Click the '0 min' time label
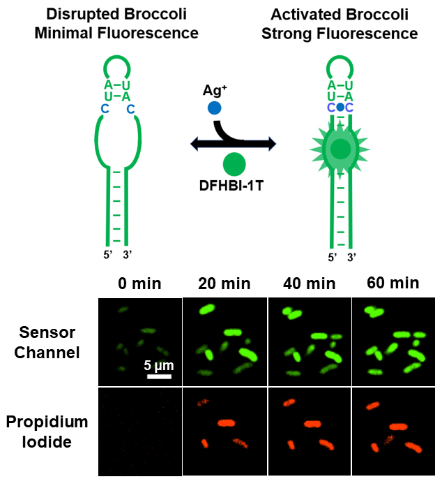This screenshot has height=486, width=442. click(139, 283)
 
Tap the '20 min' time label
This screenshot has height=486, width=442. click(224, 283)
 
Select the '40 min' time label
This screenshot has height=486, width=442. click(310, 283)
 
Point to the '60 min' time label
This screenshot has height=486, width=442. click(394, 283)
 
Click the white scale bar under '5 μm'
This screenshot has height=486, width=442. click(159, 377)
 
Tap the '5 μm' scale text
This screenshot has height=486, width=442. click(158, 365)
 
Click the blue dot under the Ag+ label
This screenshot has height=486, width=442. click(215, 108)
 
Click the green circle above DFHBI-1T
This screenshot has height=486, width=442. click(234, 165)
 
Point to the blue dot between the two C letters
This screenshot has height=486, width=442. click(340, 108)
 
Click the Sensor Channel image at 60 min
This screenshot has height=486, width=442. click(394, 341)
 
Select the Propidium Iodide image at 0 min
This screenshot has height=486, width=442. click(139, 432)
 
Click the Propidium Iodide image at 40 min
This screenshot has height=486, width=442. click(310, 432)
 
